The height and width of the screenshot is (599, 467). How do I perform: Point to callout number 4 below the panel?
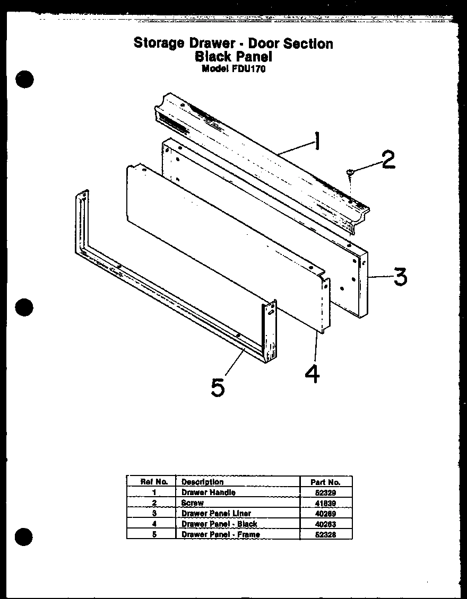click(x=313, y=374)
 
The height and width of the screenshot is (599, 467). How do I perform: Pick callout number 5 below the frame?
click(x=217, y=387)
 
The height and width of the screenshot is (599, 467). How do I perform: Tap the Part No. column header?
click(x=325, y=482)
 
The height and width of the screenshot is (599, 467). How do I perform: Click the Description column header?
click(x=203, y=482)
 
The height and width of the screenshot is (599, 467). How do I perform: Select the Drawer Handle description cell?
click(x=209, y=492)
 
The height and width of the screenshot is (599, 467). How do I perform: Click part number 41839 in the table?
click(x=325, y=503)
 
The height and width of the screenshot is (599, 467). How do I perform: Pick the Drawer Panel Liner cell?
click(x=216, y=513)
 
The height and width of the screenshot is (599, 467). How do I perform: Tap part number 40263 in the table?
click(x=325, y=524)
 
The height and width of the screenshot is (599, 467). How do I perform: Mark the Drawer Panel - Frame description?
click(x=221, y=534)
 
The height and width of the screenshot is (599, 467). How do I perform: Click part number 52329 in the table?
click(x=325, y=492)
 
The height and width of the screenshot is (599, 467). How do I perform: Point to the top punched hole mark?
click(x=24, y=79)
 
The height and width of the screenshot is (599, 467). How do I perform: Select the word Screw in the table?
click(x=193, y=503)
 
